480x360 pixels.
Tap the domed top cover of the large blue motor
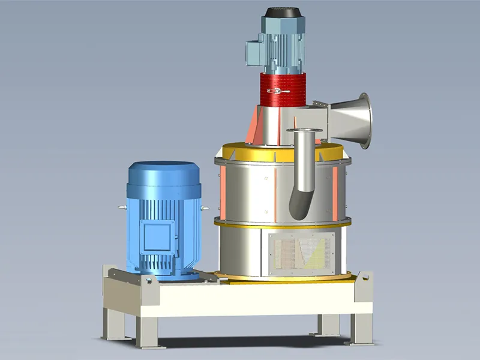click(x=163, y=171)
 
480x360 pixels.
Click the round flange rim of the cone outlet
click(x=365, y=120)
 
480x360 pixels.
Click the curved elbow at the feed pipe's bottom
click(x=299, y=204)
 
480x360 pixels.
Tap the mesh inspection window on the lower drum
click(x=300, y=250)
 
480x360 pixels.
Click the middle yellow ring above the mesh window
click(x=282, y=223)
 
